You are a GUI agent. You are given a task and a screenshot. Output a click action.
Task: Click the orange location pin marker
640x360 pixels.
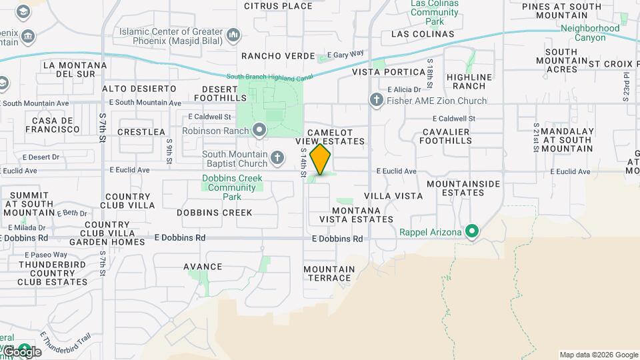tap(321, 159)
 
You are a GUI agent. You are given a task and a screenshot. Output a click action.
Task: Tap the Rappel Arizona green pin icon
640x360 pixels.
tap(473, 232)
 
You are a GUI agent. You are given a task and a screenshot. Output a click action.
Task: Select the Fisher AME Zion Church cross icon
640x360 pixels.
tap(376, 101)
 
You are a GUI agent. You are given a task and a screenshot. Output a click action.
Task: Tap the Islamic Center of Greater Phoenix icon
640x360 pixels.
tap(233, 34)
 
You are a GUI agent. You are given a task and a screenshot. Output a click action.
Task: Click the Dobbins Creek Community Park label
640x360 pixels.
tap(232, 187)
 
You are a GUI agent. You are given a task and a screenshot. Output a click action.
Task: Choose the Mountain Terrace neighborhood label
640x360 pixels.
tap(329, 273)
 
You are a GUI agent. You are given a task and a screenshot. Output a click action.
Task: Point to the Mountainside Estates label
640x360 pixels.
tap(455, 188)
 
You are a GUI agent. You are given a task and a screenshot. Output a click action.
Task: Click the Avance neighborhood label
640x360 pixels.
tap(203, 267)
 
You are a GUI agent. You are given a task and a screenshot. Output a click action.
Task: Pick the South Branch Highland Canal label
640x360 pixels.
tap(269, 76)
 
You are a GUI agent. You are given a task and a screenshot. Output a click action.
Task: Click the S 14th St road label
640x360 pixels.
tap(303, 163)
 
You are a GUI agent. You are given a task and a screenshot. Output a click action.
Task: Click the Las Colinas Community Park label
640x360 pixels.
tap(434, 12)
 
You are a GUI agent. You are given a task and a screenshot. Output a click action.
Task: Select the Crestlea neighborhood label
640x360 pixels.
tap(141, 132)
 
